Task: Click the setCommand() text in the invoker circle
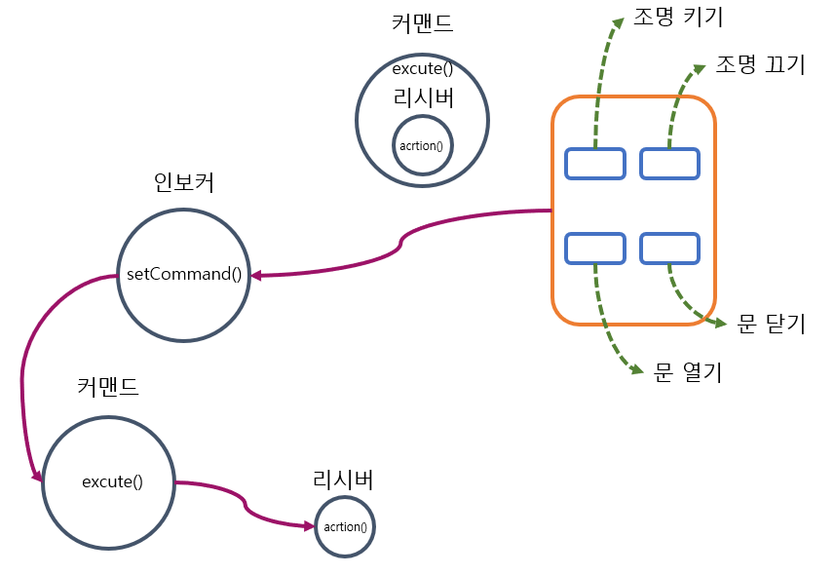point(184,273)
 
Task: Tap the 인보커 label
point(183,182)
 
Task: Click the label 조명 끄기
point(760,65)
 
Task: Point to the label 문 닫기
point(771,325)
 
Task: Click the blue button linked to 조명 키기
point(595,164)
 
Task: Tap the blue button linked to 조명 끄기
point(669,164)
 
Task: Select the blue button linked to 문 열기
point(595,249)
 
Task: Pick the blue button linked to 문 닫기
point(669,249)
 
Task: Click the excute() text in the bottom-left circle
point(112,481)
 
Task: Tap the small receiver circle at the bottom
point(345,527)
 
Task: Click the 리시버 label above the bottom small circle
point(343,479)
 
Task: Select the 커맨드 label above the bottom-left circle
point(108,386)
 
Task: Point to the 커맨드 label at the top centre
point(422,23)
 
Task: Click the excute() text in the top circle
point(422,70)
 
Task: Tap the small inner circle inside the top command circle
point(422,145)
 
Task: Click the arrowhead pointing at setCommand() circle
point(256,276)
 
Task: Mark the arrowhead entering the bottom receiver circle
point(310,526)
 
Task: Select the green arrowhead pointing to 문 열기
point(636,370)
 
